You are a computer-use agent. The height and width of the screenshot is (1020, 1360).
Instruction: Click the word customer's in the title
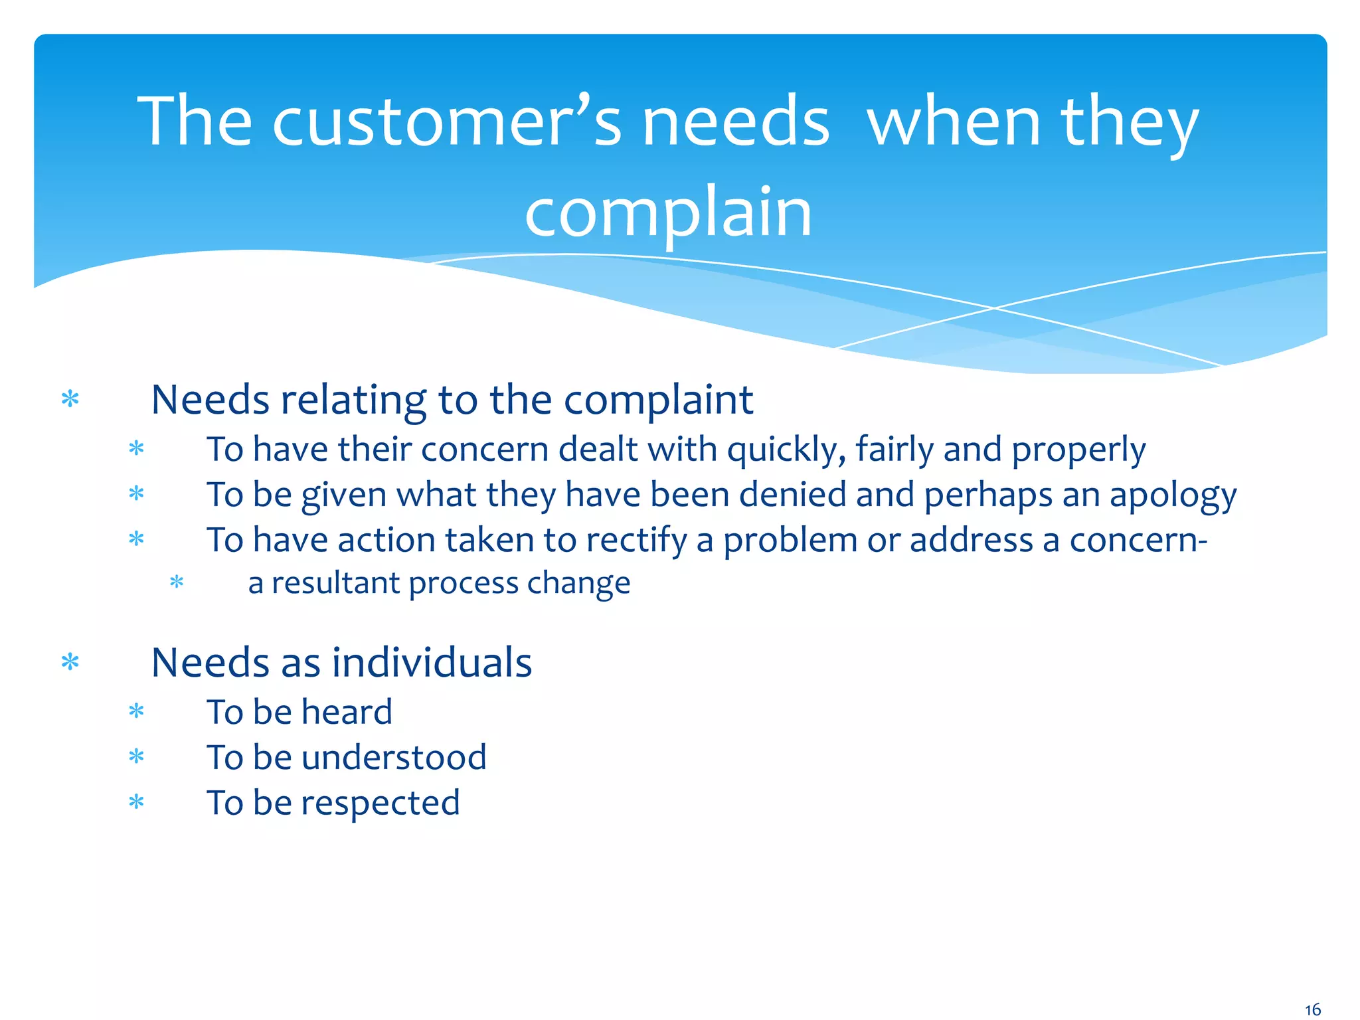[x=446, y=122]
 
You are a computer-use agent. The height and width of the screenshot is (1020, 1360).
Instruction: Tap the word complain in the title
[x=668, y=212]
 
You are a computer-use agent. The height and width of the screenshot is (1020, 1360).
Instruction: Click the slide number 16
[x=1312, y=1010]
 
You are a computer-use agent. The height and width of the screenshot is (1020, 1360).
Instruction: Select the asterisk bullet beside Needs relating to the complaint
[x=70, y=399]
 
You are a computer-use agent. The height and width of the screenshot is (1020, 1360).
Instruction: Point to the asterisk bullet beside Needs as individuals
[x=70, y=662]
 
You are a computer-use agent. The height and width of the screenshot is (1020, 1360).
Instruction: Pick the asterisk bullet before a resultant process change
[x=177, y=583]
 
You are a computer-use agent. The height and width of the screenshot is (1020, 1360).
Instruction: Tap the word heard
[x=347, y=712]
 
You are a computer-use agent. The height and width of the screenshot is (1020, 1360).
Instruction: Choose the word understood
[x=394, y=758]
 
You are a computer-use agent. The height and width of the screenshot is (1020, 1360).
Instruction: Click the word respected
[x=381, y=803]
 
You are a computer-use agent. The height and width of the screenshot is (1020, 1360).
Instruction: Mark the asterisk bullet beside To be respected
[x=136, y=802]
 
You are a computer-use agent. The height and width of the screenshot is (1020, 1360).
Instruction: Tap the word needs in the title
[x=736, y=122]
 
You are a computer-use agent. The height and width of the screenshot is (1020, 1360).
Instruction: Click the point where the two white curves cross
[x=994, y=308]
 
